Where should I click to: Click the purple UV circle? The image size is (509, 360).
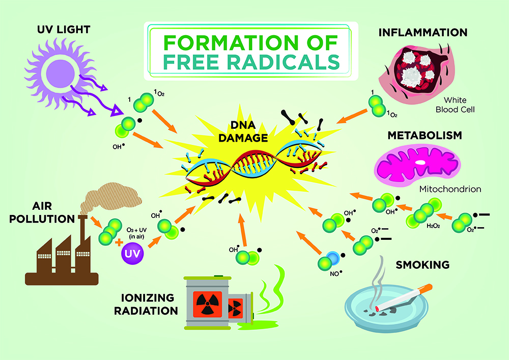click(133, 253)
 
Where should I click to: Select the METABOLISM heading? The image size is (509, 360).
click(425, 135)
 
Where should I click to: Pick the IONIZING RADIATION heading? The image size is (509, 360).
click(148, 303)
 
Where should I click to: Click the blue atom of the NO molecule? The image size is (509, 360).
click(331, 258)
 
